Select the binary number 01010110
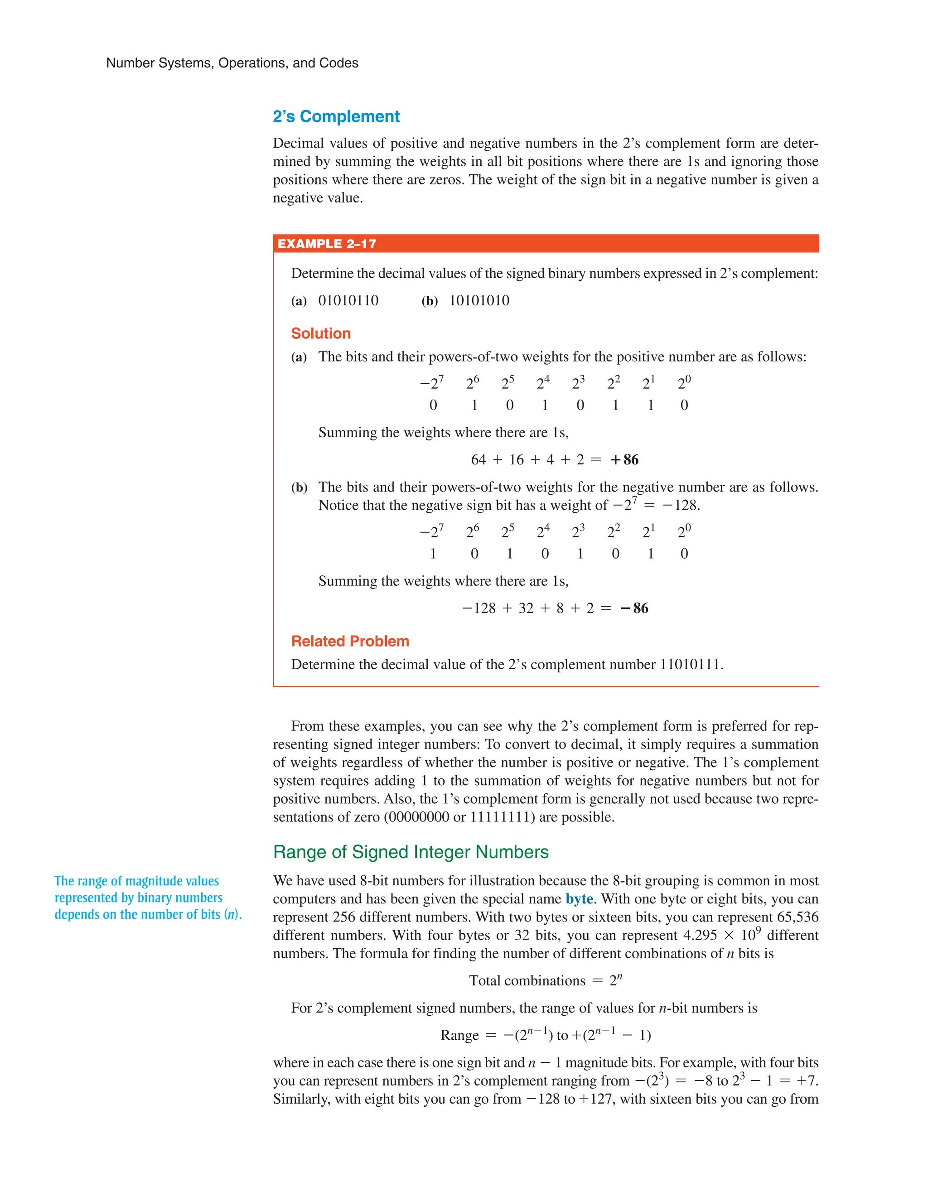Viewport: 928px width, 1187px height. [x=348, y=300]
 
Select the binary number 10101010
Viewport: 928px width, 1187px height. [x=479, y=300]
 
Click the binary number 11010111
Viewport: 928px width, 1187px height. [x=690, y=665]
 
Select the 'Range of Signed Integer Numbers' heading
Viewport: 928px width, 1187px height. [x=411, y=852]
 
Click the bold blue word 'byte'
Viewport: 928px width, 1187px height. [x=579, y=899]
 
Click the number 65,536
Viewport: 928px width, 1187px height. [x=797, y=917]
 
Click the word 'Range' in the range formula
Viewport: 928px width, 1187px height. [x=459, y=1035]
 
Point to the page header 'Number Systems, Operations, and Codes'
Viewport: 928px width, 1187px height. [x=232, y=63]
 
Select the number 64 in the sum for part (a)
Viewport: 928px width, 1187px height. [x=478, y=460]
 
